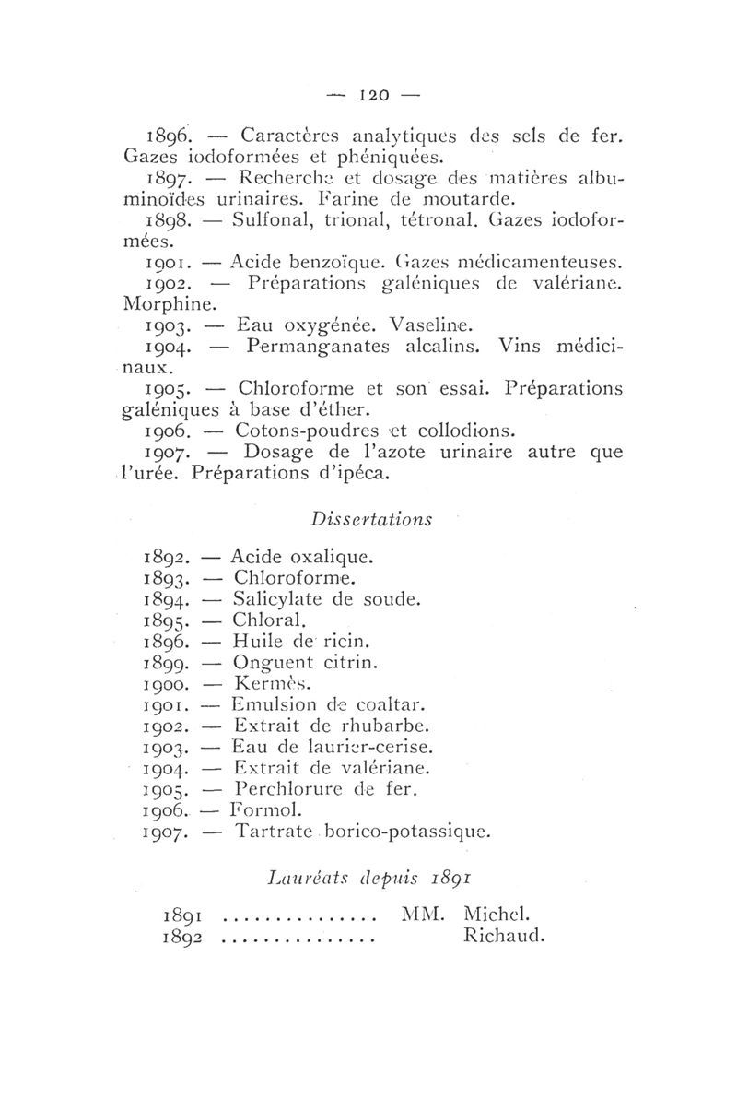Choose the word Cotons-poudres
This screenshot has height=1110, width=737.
pyautogui.click(x=295, y=430)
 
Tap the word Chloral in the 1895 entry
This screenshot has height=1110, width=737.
pyautogui.click(x=265, y=620)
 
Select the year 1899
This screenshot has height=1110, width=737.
pyautogui.click(x=168, y=663)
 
